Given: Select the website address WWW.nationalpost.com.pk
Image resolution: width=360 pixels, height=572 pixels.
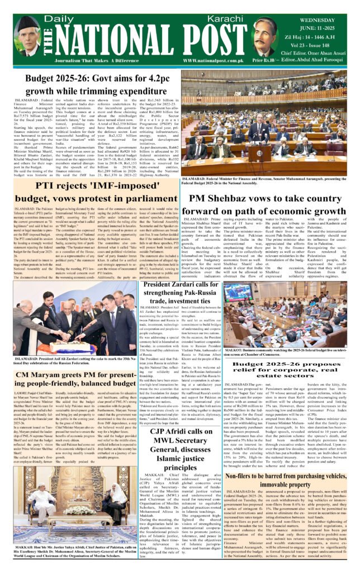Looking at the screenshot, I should [x=213, y=60].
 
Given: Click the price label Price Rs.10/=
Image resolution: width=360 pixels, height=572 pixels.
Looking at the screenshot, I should [x=266, y=60].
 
